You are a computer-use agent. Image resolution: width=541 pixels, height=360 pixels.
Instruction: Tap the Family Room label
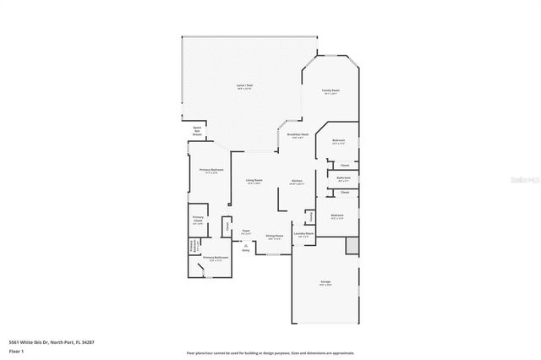point(331,91)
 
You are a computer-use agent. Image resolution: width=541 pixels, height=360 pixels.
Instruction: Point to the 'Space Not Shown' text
point(197,131)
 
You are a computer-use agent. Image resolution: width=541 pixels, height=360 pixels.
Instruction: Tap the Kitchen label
point(297,182)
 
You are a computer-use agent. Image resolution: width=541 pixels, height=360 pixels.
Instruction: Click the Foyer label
point(246,231)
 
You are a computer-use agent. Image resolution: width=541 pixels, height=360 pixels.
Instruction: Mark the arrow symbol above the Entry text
point(246,245)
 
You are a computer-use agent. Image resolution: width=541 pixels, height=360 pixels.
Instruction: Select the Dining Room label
point(275,237)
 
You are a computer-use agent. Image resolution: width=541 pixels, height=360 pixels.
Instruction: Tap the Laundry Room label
point(303,236)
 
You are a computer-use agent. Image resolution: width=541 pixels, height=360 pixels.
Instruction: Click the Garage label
point(325,283)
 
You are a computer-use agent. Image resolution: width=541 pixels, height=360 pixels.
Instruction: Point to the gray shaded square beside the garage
point(352,246)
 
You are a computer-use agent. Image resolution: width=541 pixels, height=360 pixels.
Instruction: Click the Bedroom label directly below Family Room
point(338,141)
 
